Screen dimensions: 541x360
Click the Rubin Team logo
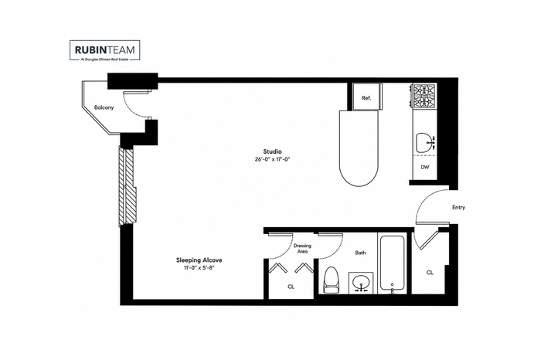tap(105, 51)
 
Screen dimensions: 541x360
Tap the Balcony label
tap(104, 107)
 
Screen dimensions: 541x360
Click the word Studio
tap(272, 151)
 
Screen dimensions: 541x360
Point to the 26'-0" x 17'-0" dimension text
tap(272, 160)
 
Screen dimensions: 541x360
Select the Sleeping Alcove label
tap(199, 260)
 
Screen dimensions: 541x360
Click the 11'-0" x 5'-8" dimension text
tap(199, 268)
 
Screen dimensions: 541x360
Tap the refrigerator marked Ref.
tap(367, 97)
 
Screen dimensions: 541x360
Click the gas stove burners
tap(424, 97)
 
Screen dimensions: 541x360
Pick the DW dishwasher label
tap(425, 167)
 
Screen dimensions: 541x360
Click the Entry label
tap(458, 207)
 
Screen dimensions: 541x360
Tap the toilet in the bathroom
tap(332, 280)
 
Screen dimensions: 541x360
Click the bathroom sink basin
tap(361, 283)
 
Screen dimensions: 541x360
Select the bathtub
tap(393, 263)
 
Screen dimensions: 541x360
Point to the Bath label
tap(361, 253)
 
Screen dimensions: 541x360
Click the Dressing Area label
tap(302, 248)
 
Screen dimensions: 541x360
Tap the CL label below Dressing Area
tap(291, 287)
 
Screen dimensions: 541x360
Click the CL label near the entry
tap(430, 273)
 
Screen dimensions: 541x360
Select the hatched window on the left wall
tap(127, 186)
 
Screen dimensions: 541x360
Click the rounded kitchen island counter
tap(359, 148)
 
